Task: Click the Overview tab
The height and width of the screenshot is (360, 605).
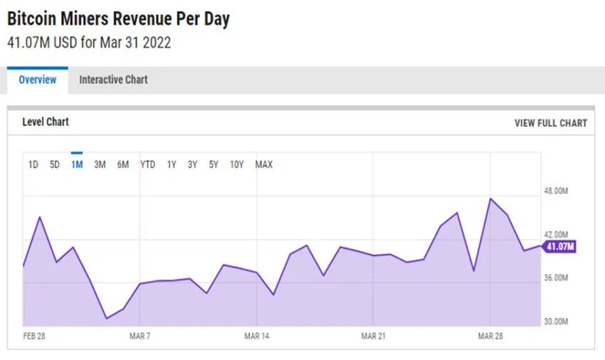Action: point(37,80)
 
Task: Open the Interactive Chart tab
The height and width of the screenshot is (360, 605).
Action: point(113,80)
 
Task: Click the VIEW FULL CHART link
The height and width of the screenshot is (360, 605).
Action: point(550,123)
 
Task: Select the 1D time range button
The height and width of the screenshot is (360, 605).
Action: point(33,165)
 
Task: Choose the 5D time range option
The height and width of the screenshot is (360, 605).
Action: point(55,165)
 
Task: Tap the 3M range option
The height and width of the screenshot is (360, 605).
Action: point(100,165)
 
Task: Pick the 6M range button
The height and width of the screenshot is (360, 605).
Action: point(123,165)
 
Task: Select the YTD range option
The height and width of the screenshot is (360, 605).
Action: point(147,165)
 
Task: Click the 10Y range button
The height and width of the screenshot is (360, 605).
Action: point(237,165)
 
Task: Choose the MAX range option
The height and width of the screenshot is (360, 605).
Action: point(263,165)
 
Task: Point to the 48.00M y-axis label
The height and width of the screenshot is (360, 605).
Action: point(556,191)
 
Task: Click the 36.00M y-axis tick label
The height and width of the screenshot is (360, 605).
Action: point(556,278)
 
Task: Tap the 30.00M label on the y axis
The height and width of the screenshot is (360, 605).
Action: point(556,322)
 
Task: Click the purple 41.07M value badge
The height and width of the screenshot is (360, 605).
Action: point(559,247)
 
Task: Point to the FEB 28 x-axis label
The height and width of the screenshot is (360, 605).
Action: point(34,336)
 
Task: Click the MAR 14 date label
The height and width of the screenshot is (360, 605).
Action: point(256,336)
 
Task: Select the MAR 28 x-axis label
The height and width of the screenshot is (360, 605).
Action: point(490,336)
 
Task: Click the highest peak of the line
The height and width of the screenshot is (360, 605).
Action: point(490,198)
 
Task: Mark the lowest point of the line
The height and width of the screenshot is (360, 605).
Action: point(107,318)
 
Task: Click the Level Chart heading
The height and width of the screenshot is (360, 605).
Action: point(46,122)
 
